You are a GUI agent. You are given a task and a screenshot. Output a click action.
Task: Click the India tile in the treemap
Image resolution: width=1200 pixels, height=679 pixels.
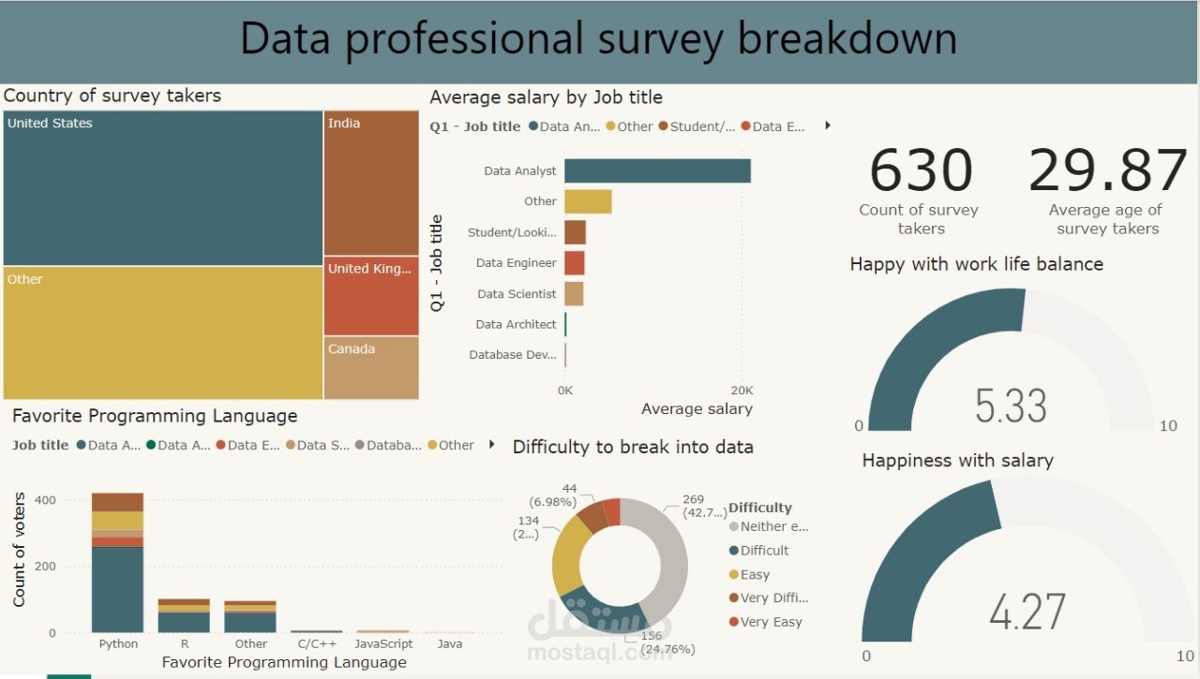pyautogui.click(x=371, y=183)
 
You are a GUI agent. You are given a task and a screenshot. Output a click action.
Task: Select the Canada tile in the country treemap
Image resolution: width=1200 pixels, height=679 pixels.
pyautogui.click(x=371, y=368)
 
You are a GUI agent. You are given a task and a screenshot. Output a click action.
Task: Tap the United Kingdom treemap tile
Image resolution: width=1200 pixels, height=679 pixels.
pyautogui.click(x=371, y=296)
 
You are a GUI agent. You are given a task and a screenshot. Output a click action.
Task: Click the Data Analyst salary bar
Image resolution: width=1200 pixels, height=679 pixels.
pyautogui.click(x=657, y=171)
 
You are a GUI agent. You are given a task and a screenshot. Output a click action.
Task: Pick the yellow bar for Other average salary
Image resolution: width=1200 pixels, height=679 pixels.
pyautogui.click(x=588, y=201)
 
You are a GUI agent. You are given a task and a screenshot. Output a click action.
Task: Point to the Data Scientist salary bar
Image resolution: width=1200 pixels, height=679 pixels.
pyautogui.click(x=574, y=294)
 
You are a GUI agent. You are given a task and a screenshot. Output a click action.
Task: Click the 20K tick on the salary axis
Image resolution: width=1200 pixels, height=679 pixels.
pyautogui.click(x=741, y=390)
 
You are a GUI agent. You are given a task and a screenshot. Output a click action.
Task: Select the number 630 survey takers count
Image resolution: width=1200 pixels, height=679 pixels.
pyautogui.click(x=921, y=170)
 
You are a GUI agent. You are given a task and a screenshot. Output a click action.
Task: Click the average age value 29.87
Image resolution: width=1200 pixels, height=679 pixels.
pyautogui.click(x=1107, y=170)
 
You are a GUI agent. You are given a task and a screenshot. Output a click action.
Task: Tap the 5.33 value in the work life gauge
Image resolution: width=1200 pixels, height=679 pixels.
pyautogui.click(x=1011, y=406)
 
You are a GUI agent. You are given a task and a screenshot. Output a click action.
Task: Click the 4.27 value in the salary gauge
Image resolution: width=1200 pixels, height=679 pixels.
pyautogui.click(x=1027, y=611)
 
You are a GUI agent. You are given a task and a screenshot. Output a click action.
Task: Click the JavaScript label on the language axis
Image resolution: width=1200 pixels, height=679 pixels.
pyautogui.click(x=383, y=644)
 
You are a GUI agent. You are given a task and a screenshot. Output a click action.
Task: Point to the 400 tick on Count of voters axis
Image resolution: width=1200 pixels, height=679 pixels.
pyautogui.click(x=45, y=500)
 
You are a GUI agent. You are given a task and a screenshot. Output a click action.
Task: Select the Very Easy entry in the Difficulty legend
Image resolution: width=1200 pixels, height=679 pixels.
pyautogui.click(x=771, y=622)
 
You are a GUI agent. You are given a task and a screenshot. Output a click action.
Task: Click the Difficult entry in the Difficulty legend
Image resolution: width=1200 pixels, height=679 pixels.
pyautogui.click(x=764, y=551)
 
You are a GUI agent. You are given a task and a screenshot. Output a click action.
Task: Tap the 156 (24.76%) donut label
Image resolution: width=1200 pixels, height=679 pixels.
pyautogui.click(x=667, y=642)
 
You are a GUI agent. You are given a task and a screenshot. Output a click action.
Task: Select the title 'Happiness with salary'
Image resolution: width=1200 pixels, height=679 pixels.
pyautogui.click(x=957, y=461)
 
